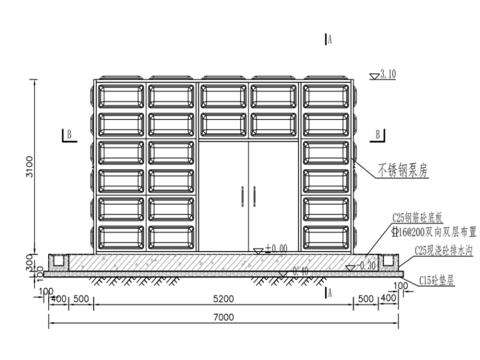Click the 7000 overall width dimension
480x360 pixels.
pyautogui.click(x=224, y=317)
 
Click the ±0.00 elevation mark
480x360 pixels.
pyautogui.click(x=276, y=248)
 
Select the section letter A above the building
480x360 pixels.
pyautogui.click(x=330, y=40)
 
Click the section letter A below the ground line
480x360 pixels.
pyautogui.click(x=330, y=292)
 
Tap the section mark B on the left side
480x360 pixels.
pyautogui.click(x=68, y=134)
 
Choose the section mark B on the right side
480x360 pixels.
pyautogui.click(x=378, y=134)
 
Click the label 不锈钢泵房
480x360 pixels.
pyautogui.click(x=403, y=170)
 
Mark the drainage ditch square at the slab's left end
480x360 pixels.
pyautogui.click(x=59, y=260)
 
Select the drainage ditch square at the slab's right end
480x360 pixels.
pyautogui.click(x=388, y=260)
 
